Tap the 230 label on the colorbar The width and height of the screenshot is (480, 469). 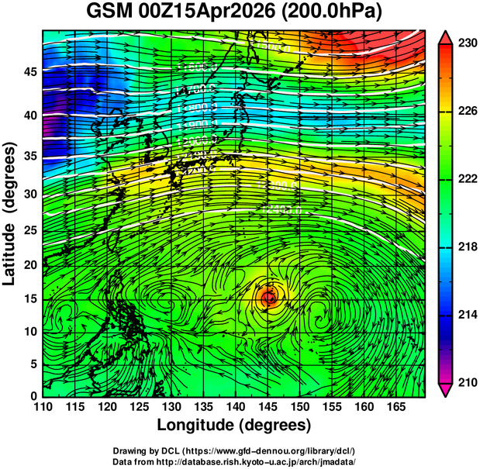[467, 44]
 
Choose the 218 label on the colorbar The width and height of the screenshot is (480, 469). [467, 247]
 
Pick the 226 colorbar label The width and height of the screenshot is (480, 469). [467, 112]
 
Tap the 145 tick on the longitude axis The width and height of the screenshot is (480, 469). [268, 405]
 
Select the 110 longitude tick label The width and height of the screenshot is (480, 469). [43, 405]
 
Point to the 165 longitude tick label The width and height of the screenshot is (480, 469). [395, 405]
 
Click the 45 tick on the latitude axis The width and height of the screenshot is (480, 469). [29, 72]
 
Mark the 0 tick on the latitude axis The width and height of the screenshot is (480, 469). [33, 395]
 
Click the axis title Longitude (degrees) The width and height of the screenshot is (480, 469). [234, 425]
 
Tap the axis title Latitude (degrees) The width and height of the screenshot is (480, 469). [10, 212]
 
